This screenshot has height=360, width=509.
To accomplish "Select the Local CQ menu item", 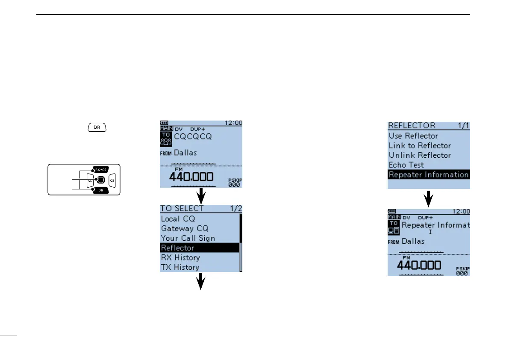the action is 178,219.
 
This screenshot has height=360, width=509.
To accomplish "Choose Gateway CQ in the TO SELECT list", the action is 185,229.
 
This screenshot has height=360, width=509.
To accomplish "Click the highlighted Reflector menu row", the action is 199,248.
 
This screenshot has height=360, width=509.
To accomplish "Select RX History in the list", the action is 180,258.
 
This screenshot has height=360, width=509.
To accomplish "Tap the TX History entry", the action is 180,267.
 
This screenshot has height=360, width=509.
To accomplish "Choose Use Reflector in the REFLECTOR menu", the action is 413,136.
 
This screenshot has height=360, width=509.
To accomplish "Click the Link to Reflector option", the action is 420,146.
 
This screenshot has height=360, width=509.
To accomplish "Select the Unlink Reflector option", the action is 420,155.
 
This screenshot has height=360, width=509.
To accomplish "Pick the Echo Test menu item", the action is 406,165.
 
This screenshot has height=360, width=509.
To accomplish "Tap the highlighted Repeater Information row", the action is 428,174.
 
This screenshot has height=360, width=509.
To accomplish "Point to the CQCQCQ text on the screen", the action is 192,137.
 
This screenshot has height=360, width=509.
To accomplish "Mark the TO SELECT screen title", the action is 182,209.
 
